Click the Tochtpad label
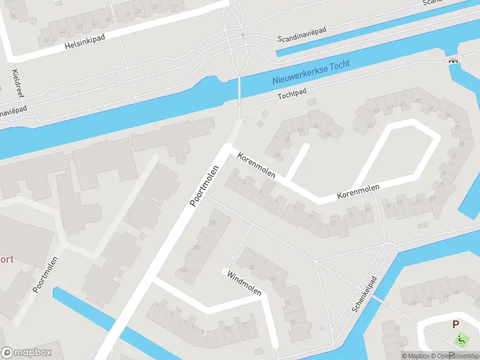[x=292, y=95]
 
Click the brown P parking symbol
[x=455, y=325]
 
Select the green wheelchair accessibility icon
[x=462, y=340]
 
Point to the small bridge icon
[x=454, y=59]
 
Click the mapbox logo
[x=25, y=353]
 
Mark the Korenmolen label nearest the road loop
[x=358, y=192]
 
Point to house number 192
[x=196, y=247]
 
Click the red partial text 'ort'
[x=6, y=260]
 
